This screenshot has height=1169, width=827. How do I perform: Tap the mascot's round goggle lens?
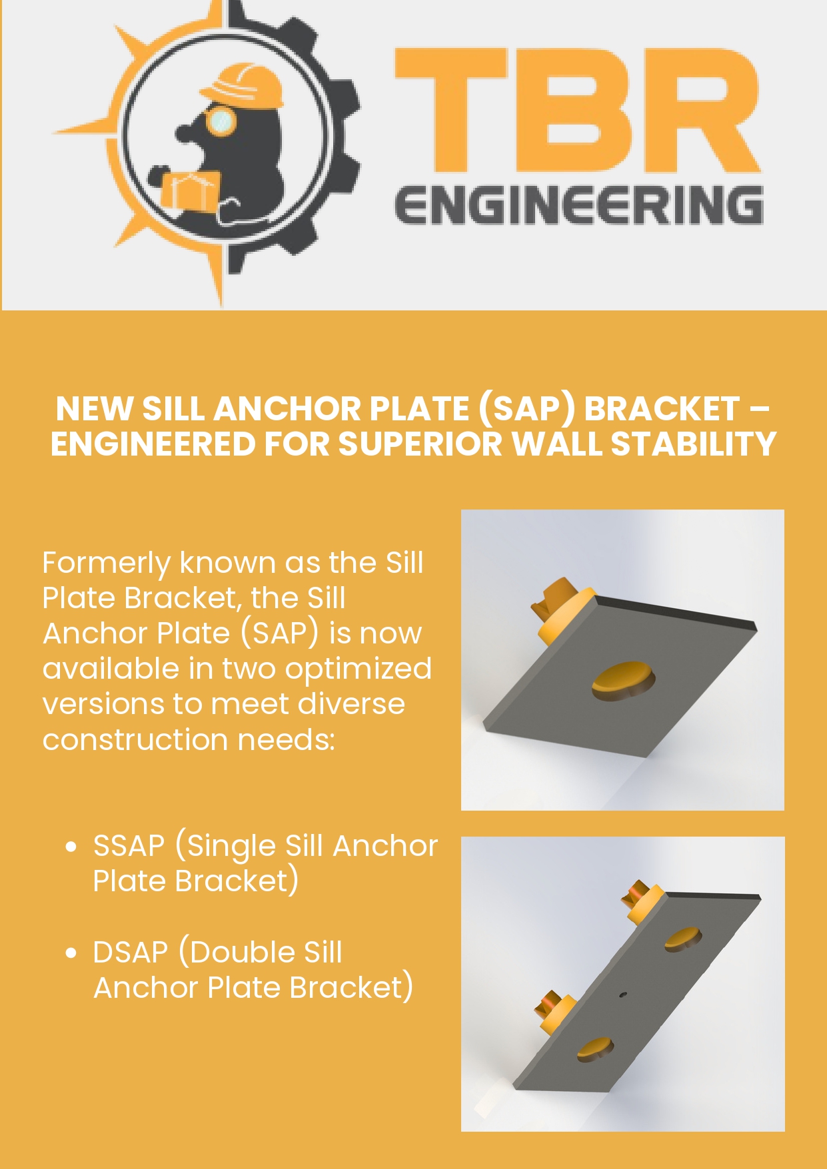pos(221,121)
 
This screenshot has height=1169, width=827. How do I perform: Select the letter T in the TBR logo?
pos(450,111)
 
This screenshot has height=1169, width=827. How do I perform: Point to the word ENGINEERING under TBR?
pos(578,205)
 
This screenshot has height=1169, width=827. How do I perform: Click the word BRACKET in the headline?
pos(661,409)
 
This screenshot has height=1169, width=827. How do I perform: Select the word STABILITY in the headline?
pos(694,444)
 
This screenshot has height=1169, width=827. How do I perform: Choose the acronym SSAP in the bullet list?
pos(129,846)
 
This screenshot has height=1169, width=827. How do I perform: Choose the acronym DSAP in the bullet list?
pos(131,953)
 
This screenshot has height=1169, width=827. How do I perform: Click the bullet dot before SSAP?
pos(71,847)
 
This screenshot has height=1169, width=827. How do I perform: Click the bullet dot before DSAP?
pos(71,953)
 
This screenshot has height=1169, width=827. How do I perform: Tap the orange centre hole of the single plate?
pos(622,681)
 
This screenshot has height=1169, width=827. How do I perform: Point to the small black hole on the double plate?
pos(623,995)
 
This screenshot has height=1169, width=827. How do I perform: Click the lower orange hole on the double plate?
pos(594,1049)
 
